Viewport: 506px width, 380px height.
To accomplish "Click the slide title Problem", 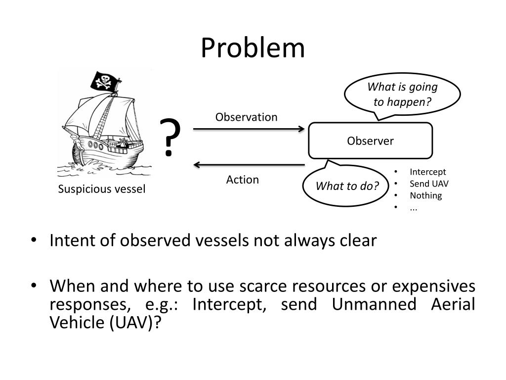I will (253, 48).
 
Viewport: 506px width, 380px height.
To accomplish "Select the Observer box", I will (370, 141).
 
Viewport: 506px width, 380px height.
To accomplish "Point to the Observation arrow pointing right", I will (249, 129).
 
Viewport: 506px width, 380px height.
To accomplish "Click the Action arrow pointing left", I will (249, 165).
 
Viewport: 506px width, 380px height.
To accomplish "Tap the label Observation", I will (246, 117).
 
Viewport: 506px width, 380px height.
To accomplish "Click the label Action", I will (242, 180).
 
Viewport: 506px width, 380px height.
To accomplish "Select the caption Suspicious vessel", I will (102, 190).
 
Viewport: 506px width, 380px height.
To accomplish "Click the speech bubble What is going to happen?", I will (402, 94).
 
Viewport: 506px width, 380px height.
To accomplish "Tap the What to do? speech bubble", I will (347, 186).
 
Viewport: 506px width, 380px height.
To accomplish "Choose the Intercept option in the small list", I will (427, 172).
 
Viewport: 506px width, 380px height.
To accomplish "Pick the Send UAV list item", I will (429, 184).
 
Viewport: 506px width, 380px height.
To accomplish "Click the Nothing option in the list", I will (425, 195).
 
